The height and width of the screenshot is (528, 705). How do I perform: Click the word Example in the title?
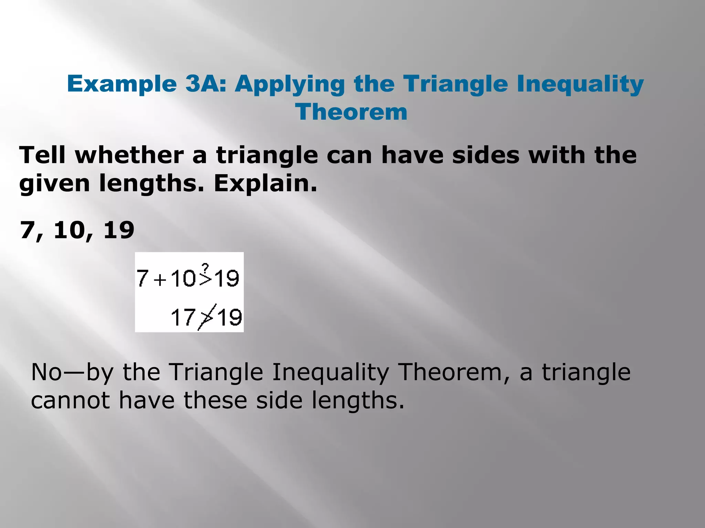[x=122, y=84]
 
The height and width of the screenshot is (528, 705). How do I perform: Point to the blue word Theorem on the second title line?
[x=351, y=112]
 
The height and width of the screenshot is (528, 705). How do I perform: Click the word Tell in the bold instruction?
[x=42, y=155]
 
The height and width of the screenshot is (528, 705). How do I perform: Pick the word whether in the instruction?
[x=129, y=155]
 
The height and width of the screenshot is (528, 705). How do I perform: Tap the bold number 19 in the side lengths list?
[x=119, y=230]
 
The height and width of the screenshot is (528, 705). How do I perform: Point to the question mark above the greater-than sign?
[x=205, y=267]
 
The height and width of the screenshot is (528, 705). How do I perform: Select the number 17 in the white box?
[x=183, y=317]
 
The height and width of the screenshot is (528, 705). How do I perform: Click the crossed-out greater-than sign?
[x=207, y=317]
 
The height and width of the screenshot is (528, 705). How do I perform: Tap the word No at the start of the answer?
[x=46, y=372]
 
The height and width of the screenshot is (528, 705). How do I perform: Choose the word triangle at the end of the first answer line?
[x=586, y=372]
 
